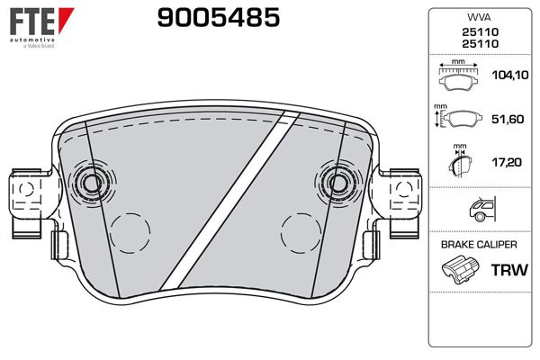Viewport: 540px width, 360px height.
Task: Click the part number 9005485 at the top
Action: [x=219, y=18]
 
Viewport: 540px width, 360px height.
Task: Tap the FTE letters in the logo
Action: [x=32, y=22]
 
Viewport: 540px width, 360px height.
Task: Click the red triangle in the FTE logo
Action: [x=65, y=20]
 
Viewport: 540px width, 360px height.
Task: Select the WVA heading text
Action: [x=479, y=17]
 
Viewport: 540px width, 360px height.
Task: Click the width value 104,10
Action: [x=510, y=75]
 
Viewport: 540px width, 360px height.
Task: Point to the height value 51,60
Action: [x=508, y=119]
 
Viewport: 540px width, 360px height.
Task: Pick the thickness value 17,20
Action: [x=507, y=162]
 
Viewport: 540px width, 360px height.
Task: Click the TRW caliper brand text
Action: [x=509, y=270]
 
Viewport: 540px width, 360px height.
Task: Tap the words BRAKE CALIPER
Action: [x=479, y=245]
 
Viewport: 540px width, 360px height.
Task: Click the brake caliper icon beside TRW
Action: [x=460, y=270]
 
